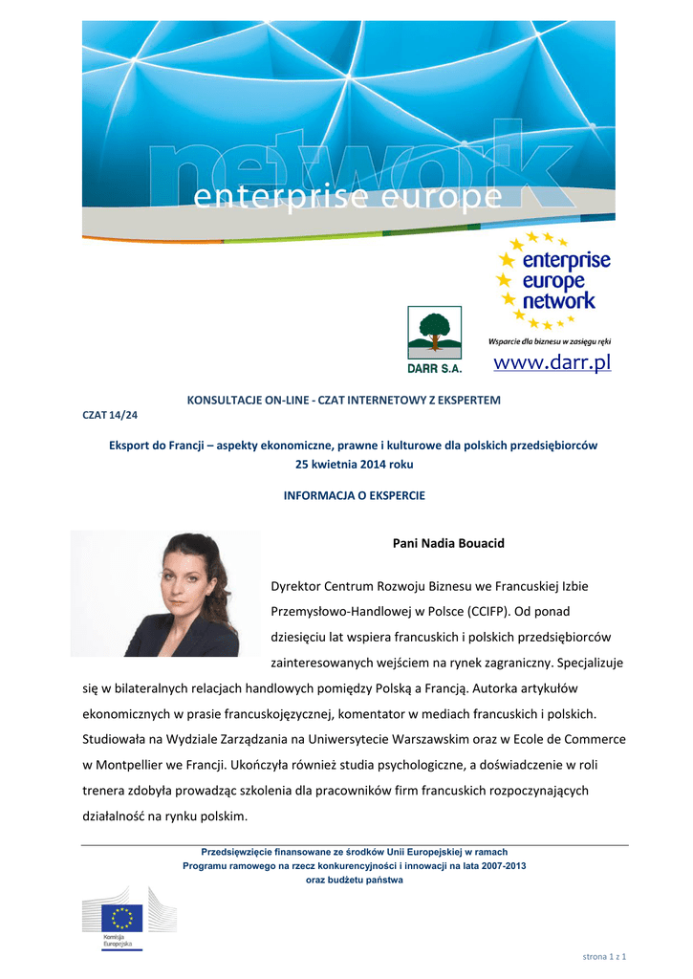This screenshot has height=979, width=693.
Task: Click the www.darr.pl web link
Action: pos(552,363)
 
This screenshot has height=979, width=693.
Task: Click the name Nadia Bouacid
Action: pos(448,543)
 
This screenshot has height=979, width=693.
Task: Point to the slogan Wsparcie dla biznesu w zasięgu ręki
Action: pos(550,341)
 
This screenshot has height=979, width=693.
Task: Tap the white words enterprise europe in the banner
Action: pos(347,198)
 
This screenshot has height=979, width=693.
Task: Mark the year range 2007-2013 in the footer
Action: pos(506,865)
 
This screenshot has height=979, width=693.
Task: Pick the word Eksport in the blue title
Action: pos(131,446)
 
